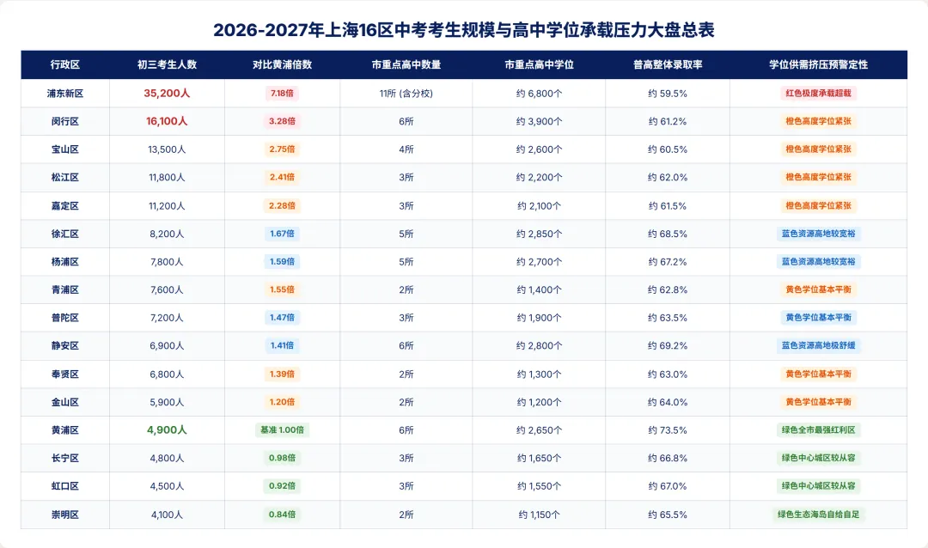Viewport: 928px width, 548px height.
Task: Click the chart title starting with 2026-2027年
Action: (463, 29)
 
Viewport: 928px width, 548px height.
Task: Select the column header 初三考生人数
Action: (167, 64)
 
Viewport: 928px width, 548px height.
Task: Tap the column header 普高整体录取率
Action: (668, 64)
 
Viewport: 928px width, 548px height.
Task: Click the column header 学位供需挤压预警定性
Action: (819, 64)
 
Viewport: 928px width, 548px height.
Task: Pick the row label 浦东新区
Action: (65, 94)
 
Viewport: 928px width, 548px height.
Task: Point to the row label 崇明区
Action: (65, 515)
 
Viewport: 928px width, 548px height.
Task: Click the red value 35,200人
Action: (167, 94)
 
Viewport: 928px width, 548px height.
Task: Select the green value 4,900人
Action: (167, 430)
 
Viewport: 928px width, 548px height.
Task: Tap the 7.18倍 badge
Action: (283, 94)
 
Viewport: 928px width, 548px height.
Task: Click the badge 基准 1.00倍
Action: (283, 430)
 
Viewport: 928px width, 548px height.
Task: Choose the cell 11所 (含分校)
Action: (406, 94)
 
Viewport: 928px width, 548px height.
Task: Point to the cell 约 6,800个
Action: (539, 94)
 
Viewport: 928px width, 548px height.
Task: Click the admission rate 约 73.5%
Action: (668, 430)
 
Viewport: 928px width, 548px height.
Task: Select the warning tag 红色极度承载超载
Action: (819, 94)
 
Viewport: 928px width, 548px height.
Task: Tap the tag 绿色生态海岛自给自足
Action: (819, 515)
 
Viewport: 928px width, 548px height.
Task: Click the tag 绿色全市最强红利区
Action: (819, 430)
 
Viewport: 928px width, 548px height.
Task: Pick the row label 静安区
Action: (65, 345)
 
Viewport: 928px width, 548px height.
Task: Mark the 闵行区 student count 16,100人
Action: (167, 121)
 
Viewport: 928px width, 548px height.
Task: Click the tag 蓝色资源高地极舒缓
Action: (819, 345)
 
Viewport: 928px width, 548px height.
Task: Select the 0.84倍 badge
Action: (283, 515)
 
